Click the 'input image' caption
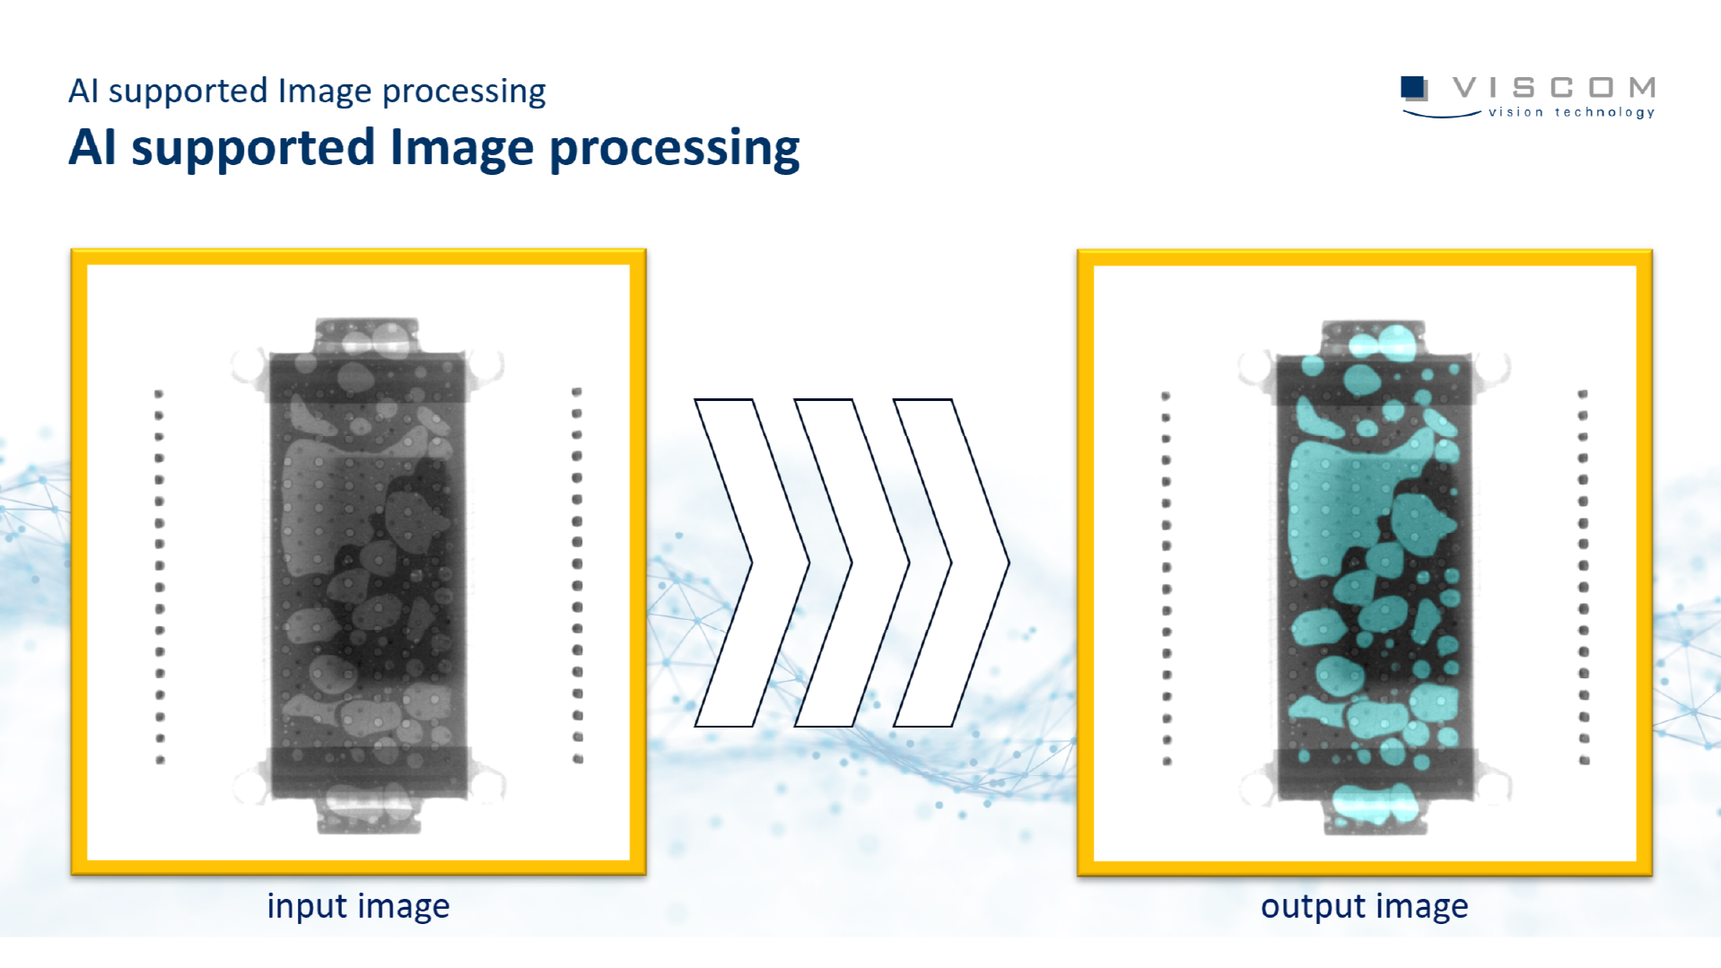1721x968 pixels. (x=358, y=906)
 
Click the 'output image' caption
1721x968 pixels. (x=1364, y=906)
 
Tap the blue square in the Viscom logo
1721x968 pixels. (x=1413, y=87)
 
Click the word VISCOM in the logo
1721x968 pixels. (x=1554, y=87)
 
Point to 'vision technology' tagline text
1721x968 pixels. (x=1571, y=112)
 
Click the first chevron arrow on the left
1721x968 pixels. (x=752, y=562)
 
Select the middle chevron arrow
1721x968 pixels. (x=852, y=562)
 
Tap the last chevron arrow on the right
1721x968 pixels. (x=951, y=562)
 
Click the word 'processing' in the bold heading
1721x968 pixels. (x=674, y=149)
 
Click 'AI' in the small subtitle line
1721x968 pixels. (x=83, y=91)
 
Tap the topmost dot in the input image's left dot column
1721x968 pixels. (x=159, y=394)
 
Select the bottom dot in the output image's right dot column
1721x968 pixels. (x=1585, y=761)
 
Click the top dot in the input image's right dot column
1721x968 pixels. (x=577, y=392)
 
